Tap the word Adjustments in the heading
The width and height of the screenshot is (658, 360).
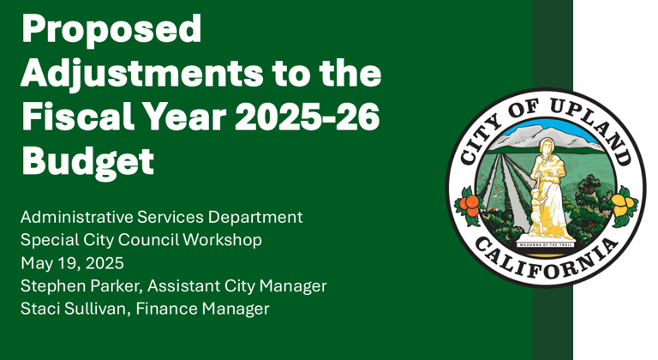(142, 74)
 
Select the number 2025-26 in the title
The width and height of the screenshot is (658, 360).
(308, 117)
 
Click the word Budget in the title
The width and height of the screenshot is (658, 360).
(87, 162)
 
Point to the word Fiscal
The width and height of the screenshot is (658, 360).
(78, 117)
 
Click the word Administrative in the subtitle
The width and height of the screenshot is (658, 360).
(76, 217)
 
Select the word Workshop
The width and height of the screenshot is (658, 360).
(223, 240)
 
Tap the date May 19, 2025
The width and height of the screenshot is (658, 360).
(72, 263)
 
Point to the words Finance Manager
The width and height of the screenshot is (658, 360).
(202, 309)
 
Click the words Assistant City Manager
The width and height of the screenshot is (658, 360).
(237, 286)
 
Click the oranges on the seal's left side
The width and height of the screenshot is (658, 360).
(470, 205)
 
